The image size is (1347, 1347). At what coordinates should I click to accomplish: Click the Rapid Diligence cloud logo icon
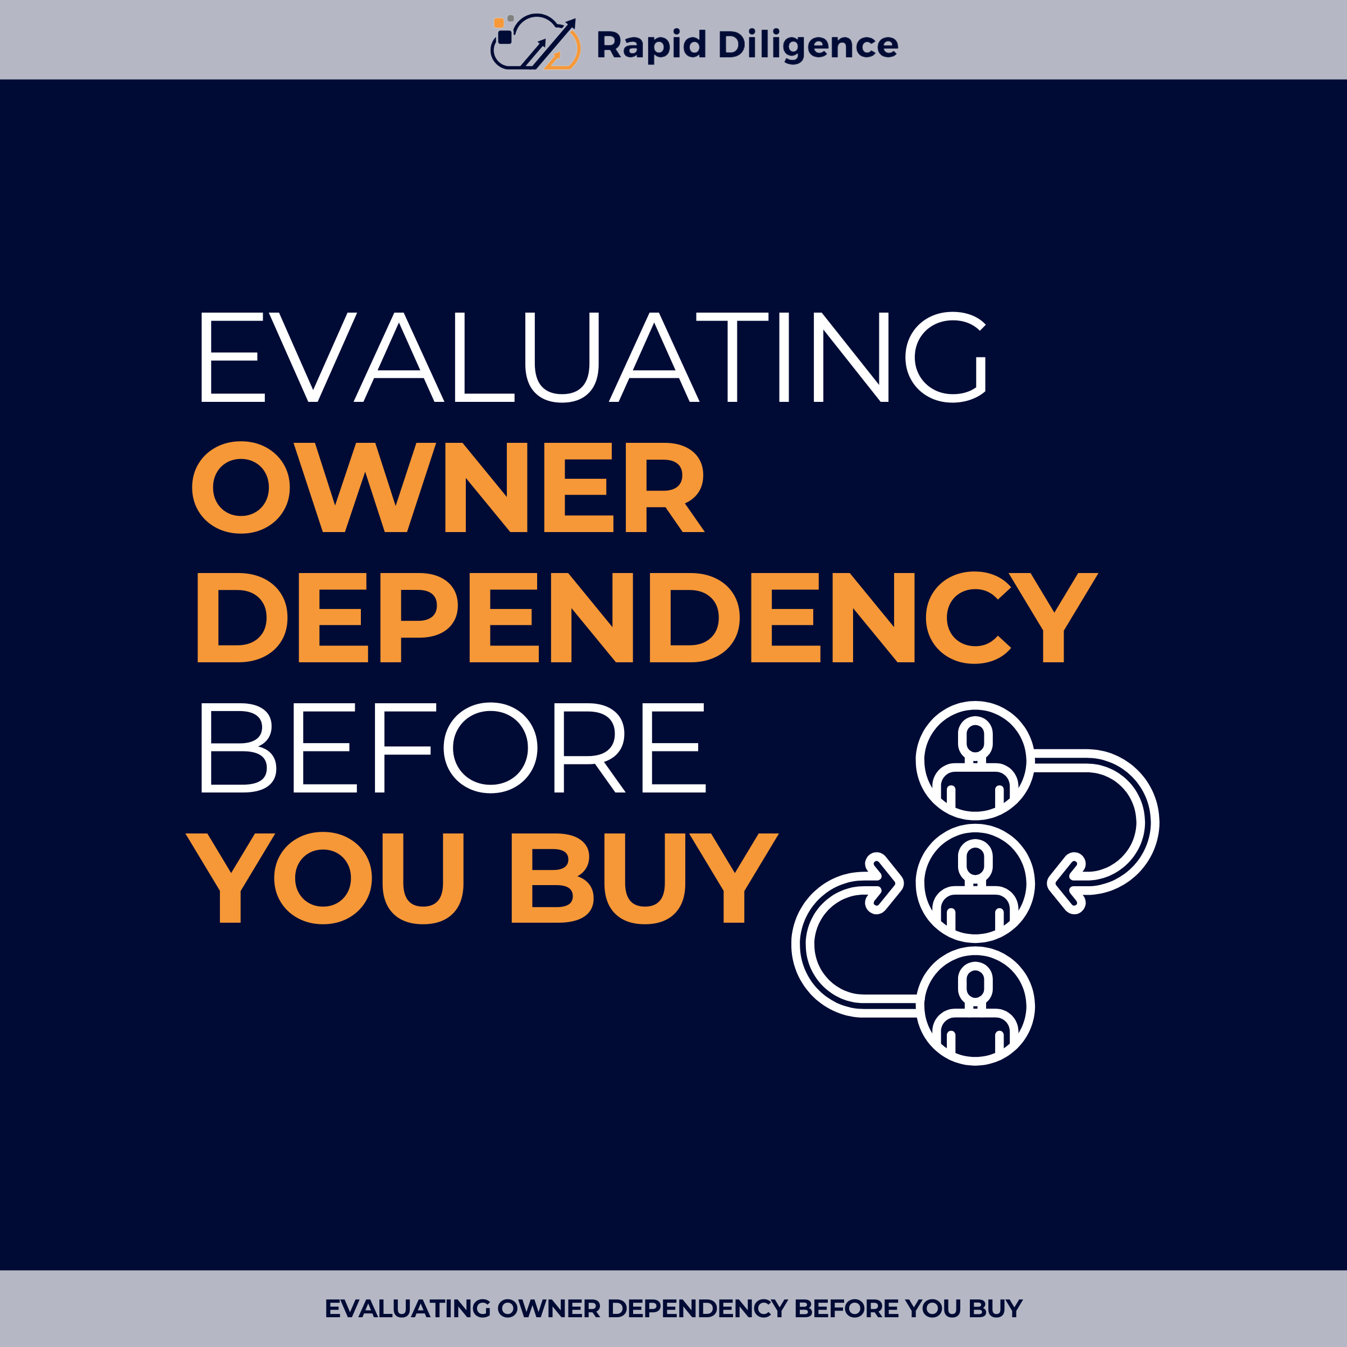[x=535, y=44]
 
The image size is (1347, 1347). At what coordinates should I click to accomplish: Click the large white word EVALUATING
[x=593, y=357]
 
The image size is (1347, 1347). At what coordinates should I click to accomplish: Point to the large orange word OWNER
[x=448, y=487]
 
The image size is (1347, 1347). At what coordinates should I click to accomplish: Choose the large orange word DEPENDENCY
[x=647, y=618]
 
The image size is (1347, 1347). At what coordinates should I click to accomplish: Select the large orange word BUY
[x=643, y=878]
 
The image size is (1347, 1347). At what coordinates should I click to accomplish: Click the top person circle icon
[x=975, y=760]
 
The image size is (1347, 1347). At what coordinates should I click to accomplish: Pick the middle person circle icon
[x=975, y=883]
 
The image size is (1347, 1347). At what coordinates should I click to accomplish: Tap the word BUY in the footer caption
[x=995, y=1309]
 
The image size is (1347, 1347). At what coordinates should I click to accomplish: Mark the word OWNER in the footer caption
[x=549, y=1309]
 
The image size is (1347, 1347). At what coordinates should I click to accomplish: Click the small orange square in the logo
[x=499, y=23]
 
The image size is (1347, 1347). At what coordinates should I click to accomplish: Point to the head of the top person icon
[x=975, y=737]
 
